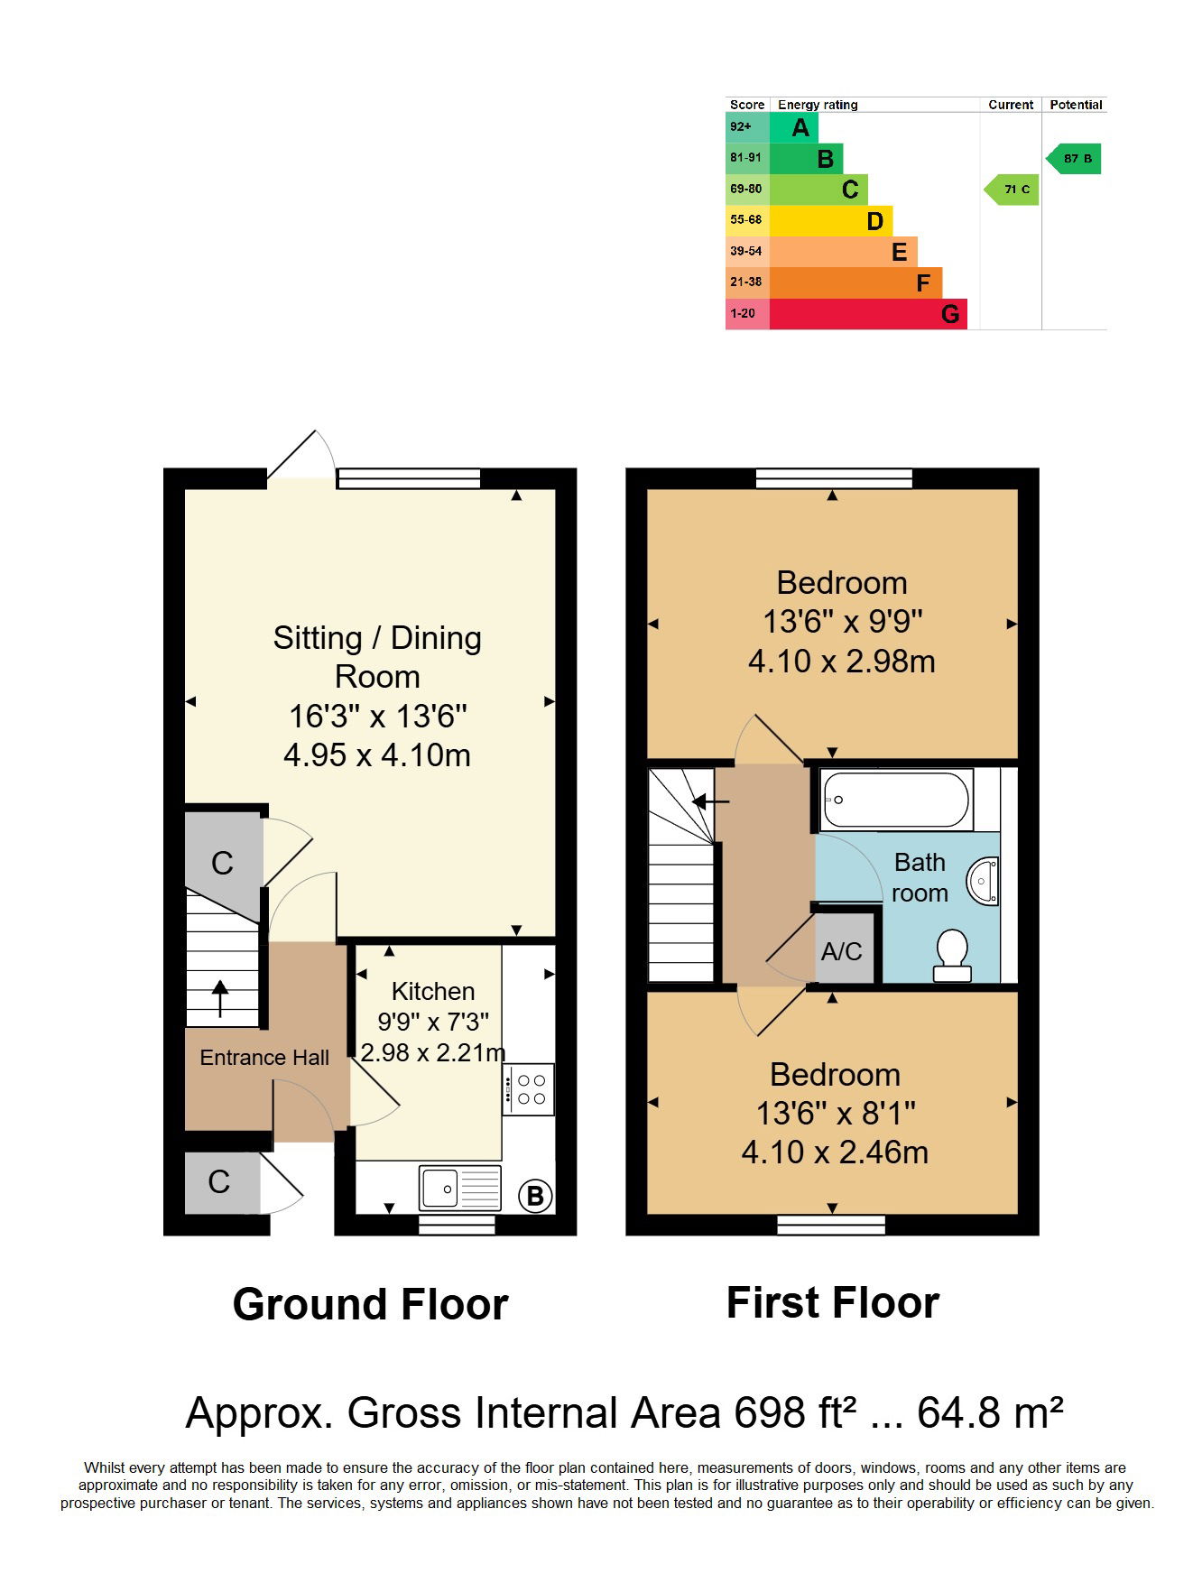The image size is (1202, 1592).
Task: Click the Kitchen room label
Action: click(433, 991)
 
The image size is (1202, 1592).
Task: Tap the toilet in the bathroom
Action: click(952, 956)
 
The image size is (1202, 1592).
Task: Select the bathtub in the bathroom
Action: click(897, 800)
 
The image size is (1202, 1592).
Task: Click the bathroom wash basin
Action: click(982, 881)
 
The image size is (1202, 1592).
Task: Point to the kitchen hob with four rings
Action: click(529, 1089)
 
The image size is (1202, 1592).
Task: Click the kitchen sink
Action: click(460, 1188)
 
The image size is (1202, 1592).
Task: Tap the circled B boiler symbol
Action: click(534, 1197)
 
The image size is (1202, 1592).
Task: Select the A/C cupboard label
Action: click(841, 951)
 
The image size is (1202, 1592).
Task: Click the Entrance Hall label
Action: click(264, 1058)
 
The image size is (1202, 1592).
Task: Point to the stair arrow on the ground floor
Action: click(219, 999)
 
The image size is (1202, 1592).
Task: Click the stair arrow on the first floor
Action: click(711, 801)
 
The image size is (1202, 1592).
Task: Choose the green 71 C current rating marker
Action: click(1011, 190)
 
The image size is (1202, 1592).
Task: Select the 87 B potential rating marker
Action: click(1073, 159)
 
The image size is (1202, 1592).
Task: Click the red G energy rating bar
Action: click(868, 314)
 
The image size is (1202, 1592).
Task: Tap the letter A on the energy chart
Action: click(800, 128)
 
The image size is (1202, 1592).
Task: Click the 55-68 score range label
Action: click(746, 219)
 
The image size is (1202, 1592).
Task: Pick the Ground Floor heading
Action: click(371, 1305)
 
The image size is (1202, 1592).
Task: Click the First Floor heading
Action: click(833, 1303)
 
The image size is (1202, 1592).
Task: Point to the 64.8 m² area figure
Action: click(990, 1412)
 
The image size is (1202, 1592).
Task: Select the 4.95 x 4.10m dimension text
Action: click(377, 754)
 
